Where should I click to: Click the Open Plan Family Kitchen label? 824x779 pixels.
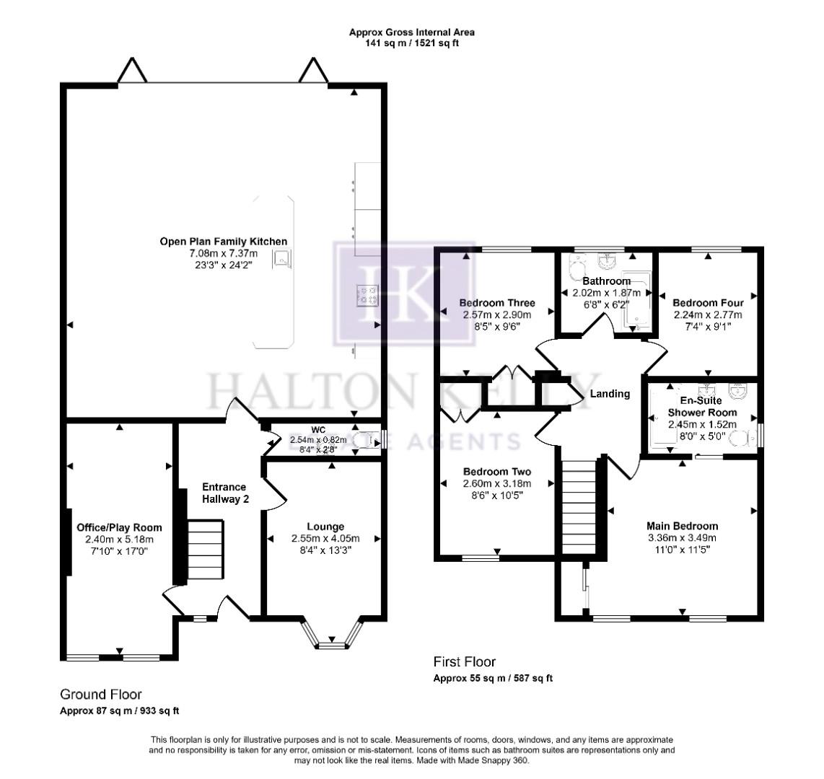point(224,242)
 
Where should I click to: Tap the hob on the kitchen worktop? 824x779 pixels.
point(367,294)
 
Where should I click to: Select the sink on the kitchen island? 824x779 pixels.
point(279,260)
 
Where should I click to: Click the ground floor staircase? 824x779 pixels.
point(206,553)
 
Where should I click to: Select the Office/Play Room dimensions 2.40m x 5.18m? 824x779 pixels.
point(120,539)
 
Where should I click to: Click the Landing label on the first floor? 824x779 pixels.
point(610,394)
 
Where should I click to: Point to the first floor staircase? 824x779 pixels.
point(577,505)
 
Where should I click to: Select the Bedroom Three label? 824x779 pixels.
point(498,303)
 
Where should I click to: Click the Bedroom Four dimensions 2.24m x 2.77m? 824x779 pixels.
point(708,314)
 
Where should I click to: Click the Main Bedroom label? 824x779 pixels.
point(682,526)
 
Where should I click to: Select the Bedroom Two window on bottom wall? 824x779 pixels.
point(481,557)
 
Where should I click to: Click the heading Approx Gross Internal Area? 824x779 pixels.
point(412,32)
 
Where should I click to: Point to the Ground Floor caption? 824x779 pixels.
point(100,694)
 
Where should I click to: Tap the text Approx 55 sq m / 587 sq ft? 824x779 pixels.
point(493,678)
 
